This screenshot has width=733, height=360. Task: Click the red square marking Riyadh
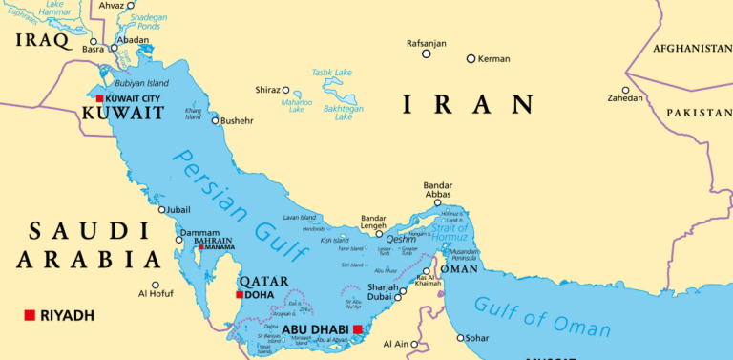point(30,315)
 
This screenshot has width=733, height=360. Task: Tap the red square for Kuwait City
point(99,98)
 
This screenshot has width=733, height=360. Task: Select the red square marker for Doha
point(239,295)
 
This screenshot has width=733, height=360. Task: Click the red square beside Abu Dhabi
point(357,330)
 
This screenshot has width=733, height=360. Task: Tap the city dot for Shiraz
point(285,90)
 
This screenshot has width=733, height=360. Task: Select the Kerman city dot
point(471,59)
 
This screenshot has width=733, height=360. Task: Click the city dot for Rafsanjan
point(427,53)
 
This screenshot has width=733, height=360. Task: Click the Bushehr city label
point(238,120)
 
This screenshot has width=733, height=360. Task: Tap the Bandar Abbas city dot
point(437,202)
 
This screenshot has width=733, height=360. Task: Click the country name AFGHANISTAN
point(692,48)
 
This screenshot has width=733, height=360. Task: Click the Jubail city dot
point(161,210)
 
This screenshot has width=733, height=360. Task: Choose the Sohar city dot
point(459,337)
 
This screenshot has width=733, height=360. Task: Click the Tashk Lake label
point(331,73)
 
